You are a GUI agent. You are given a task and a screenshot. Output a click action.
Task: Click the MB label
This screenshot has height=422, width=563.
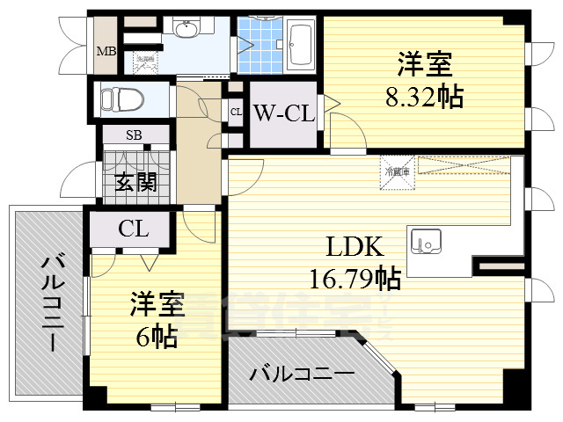[106, 51]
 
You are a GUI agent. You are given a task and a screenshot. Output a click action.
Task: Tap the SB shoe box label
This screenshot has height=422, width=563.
[134, 135]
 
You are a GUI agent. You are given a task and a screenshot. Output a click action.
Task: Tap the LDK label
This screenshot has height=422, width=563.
[355, 248]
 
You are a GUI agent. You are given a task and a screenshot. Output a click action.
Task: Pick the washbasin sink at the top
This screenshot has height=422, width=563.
[186, 32]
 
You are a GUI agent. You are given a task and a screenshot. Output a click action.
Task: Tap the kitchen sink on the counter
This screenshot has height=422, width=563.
[426, 239]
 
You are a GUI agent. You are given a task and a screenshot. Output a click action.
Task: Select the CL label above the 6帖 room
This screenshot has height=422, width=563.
[134, 230]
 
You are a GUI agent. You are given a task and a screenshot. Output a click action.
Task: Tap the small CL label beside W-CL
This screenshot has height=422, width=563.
[236, 112]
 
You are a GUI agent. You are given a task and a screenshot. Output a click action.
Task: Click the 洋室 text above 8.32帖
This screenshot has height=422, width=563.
[425, 65]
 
